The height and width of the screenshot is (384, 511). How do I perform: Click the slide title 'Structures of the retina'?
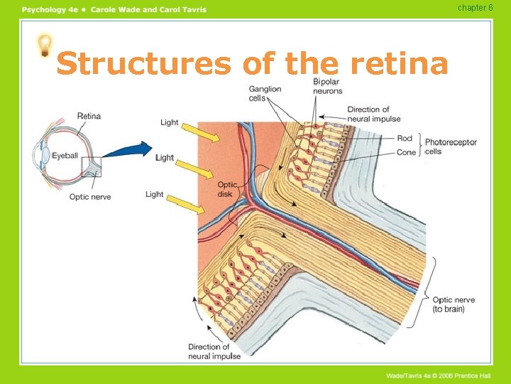tap(252, 64)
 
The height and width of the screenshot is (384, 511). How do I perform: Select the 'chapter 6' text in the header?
tap(475, 8)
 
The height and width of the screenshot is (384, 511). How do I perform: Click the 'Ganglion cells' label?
tap(265, 93)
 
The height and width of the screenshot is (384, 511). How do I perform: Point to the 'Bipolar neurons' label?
tap(327, 86)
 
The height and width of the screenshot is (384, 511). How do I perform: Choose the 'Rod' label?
tap(405, 139)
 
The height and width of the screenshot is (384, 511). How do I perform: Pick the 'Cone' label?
tap(406, 152)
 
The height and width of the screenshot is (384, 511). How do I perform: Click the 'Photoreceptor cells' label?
tap(451, 146)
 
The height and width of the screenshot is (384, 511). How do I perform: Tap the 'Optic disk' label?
tap(227, 189)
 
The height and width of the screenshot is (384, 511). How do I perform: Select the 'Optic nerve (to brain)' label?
tap(453, 304)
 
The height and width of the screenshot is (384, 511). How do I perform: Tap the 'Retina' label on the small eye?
tap(89, 116)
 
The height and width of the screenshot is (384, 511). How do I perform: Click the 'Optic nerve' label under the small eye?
tap(90, 197)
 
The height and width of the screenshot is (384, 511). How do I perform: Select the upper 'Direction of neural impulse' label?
tap(373, 114)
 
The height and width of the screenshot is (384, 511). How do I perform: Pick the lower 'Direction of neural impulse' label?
tap(214, 351)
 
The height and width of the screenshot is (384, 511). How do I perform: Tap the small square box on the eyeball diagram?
tap(92, 167)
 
